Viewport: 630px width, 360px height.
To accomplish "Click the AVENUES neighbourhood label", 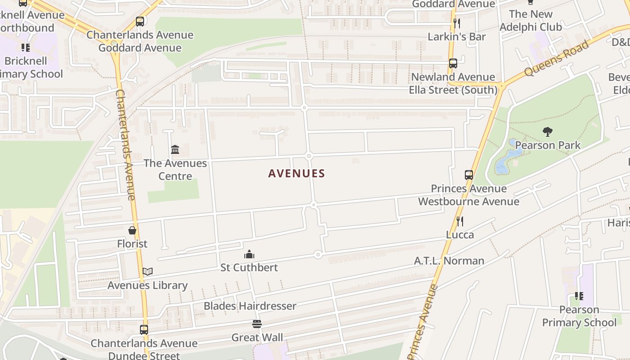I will (297, 173).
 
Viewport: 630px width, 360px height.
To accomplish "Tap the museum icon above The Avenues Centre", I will (175, 149).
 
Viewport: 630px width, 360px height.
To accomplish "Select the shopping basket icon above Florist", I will (132, 230).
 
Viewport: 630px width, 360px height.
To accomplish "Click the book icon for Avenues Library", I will (148, 271).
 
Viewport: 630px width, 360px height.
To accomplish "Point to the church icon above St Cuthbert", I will (249, 255).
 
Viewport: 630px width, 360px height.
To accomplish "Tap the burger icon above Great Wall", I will (257, 324).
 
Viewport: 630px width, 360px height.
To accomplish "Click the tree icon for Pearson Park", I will (548, 132).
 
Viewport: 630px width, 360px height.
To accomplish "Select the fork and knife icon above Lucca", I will (459, 221).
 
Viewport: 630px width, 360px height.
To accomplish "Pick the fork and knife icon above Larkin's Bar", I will (457, 23).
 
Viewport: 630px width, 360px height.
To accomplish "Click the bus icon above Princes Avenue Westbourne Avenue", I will (469, 175).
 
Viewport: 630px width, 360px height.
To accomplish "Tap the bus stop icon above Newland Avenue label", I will (453, 63).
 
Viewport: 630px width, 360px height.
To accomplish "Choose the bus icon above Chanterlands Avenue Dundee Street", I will (144, 330).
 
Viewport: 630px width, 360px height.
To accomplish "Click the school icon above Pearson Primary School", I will (579, 296).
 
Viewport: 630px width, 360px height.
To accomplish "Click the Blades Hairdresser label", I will (250, 306).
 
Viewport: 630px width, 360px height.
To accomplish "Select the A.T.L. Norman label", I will (449, 261).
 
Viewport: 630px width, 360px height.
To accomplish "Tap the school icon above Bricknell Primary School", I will (26, 47).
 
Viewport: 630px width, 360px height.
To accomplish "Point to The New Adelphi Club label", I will (531, 20).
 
